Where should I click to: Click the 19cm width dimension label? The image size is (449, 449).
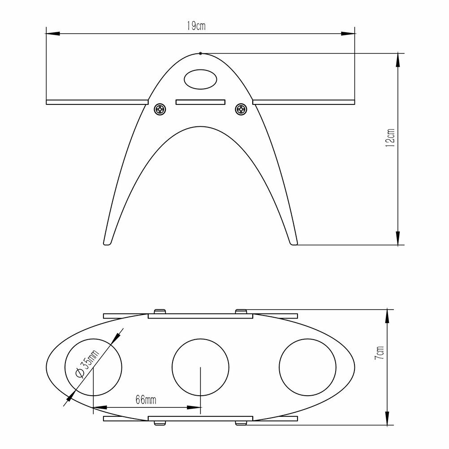(x=196, y=26)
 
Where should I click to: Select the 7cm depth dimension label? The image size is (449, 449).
(x=379, y=353)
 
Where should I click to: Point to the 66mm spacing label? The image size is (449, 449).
(x=146, y=400)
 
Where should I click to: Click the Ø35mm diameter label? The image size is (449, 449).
(x=87, y=364)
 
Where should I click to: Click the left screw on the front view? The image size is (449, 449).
(x=160, y=109)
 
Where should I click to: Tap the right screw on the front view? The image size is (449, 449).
(x=241, y=109)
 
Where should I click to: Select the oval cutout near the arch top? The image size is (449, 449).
(x=200, y=79)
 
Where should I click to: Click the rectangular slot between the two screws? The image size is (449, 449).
(x=200, y=102)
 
